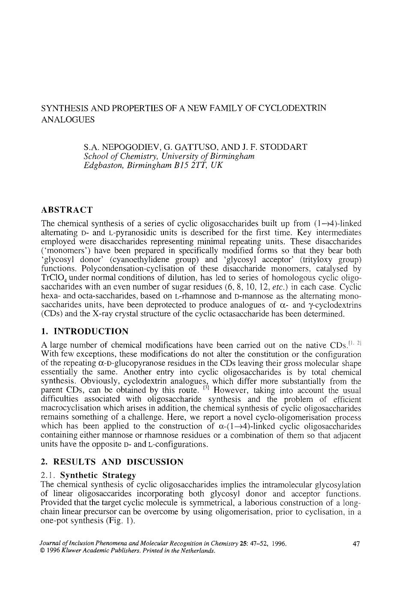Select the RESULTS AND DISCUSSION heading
click(112, 462)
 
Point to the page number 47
click(356, 544)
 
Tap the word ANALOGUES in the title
click(68, 119)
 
